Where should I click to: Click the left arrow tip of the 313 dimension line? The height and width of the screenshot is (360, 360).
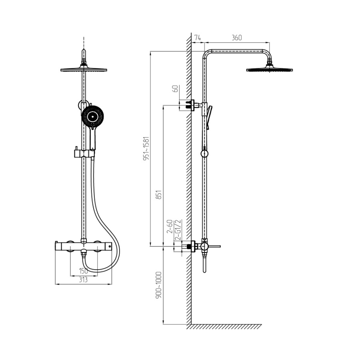[x=55, y=284]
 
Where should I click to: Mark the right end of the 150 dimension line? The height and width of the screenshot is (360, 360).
[x=97, y=276]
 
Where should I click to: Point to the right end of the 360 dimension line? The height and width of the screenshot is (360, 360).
[x=270, y=42]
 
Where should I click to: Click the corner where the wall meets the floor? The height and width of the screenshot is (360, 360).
[x=191, y=324]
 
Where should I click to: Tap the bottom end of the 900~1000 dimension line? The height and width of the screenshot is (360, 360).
[x=163, y=324]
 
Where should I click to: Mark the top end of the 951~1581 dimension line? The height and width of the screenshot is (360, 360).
[x=150, y=51]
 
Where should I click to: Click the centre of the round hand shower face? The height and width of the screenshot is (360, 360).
[x=92, y=117]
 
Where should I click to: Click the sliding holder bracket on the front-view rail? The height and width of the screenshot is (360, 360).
[x=84, y=153]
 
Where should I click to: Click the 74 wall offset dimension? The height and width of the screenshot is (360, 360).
[x=198, y=38]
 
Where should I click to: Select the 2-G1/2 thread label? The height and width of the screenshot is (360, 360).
[x=178, y=230]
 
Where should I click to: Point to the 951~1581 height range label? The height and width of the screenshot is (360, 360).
[x=146, y=148]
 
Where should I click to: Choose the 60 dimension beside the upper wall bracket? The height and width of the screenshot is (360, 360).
[x=176, y=89]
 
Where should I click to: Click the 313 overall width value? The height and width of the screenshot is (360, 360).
[x=83, y=280]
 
